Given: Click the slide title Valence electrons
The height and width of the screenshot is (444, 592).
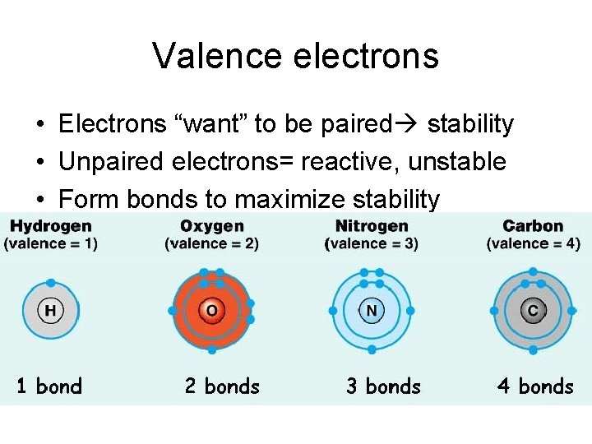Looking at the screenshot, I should click(x=295, y=57).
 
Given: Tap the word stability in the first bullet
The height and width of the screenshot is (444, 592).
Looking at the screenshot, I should click(x=470, y=125).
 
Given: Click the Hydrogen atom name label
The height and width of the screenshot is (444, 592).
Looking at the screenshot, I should click(x=51, y=226).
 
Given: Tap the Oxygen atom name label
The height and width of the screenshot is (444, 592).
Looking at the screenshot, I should click(x=211, y=226).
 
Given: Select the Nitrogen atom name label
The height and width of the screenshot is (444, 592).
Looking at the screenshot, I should click(x=372, y=226).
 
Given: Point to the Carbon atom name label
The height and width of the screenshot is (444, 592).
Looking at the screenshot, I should click(x=533, y=226).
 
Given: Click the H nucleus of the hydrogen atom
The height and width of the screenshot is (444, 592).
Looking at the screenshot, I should click(x=51, y=311).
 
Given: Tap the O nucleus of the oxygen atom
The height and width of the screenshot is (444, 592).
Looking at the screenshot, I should click(x=211, y=311).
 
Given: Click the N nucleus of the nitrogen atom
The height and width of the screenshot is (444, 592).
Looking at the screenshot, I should click(x=372, y=311).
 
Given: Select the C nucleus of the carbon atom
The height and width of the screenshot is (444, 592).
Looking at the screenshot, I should click(x=533, y=311).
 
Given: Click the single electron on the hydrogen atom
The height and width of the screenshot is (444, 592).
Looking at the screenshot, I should click(x=51, y=282).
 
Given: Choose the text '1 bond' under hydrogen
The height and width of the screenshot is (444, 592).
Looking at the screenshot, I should click(x=50, y=386).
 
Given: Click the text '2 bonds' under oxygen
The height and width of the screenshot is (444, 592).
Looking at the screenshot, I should click(x=222, y=386).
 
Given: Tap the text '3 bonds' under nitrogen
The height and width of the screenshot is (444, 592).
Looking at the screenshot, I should click(x=383, y=386).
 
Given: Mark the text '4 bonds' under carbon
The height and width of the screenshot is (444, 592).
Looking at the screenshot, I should click(x=535, y=386).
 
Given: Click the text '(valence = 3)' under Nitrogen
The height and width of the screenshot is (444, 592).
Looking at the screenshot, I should click(x=372, y=244).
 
